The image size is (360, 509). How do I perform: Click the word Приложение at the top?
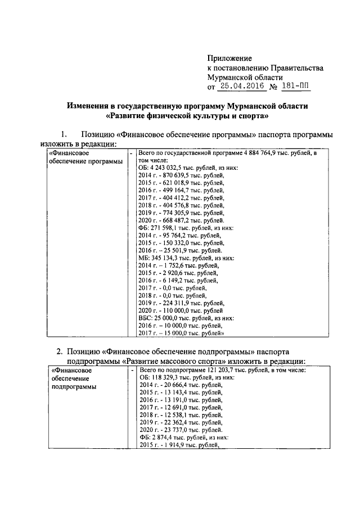(x=229, y=58)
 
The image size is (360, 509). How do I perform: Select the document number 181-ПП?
(x=296, y=87)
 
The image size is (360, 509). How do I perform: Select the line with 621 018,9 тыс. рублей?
(x=181, y=183)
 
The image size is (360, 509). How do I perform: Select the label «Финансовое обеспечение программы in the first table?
(x=84, y=157)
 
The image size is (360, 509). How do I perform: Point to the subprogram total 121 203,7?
(x=227, y=370)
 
